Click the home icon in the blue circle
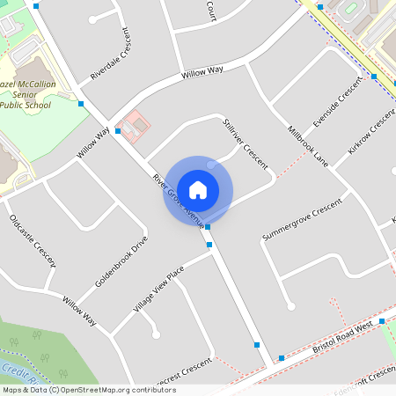tap(198, 189)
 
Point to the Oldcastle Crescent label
tap(33, 240)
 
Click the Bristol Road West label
tap(342, 338)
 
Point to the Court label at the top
tap(211, 10)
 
